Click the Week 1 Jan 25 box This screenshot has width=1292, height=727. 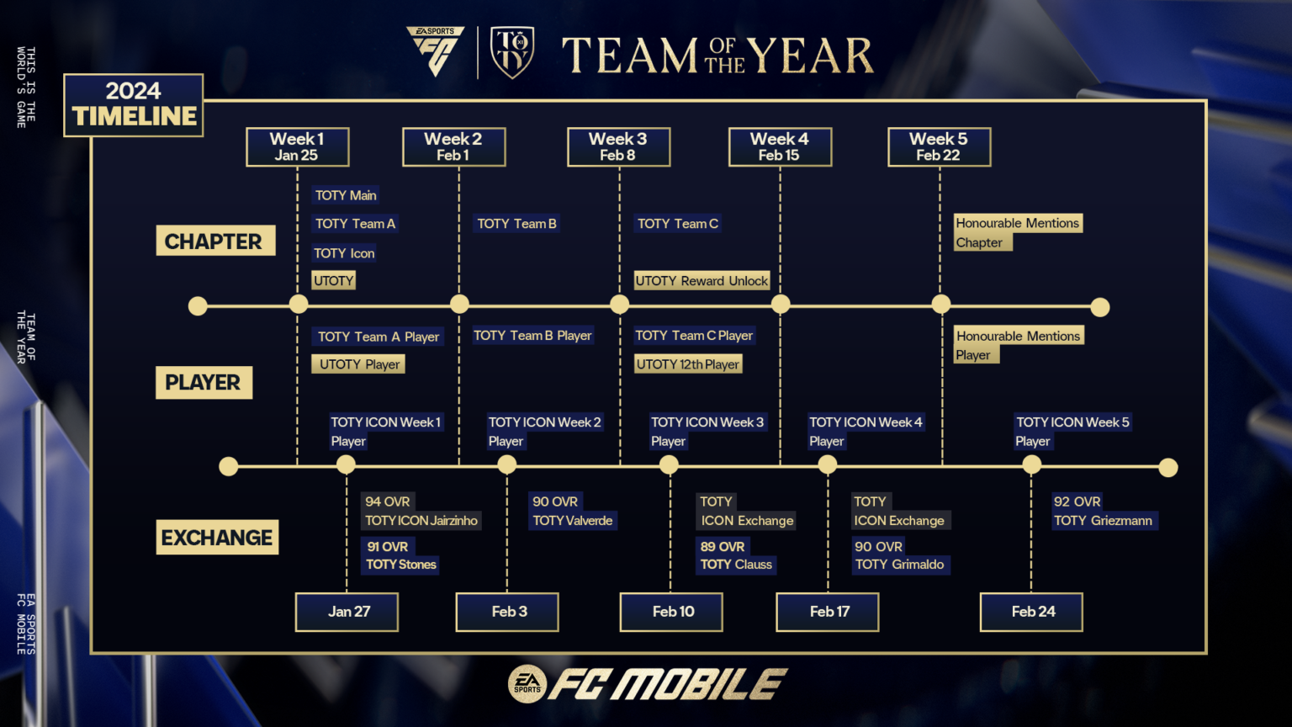pyautogui.click(x=297, y=147)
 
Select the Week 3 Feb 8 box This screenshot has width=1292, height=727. pyautogui.click(x=618, y=147)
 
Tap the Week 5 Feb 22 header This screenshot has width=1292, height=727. pyautogui.click(x=939, y=147)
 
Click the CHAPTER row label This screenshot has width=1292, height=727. pyautogui.click(x=214, y=241)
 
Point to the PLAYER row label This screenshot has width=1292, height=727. pyautogui.click(x=204, y=383)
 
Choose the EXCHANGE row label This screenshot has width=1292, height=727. pyautogui.click(x=217, y=538)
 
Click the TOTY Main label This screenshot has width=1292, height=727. pyautogui.click(x=346, y=195)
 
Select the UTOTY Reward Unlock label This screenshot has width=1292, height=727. pyautogui.click(x=702, y=281)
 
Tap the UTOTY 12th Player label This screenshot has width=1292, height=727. pyautogui.click(x=688, y=364)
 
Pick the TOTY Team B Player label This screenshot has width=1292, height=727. pyautogui.click(x=532, y=336)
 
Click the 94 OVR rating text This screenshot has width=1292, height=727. pyautogui.click(x=388, y=501)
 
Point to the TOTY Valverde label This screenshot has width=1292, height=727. pyautogui.click(x=573, y=521)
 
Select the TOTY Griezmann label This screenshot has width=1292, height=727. pyautogui.click(x=1103, y=521)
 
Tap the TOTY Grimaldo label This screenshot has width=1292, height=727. pyautogui.click(x=899, y=565)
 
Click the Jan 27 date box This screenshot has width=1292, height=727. pyautogui.click(x=347, y=612)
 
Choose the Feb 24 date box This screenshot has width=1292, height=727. pyautogui.click(x=1031, y=612)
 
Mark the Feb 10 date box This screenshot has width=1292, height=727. pyautogui.click(x=671, y=612)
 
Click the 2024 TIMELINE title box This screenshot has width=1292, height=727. pyautogui.click(x=134, y=104)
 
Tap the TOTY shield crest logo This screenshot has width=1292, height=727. pyautogui.click(x=511, y=52)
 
